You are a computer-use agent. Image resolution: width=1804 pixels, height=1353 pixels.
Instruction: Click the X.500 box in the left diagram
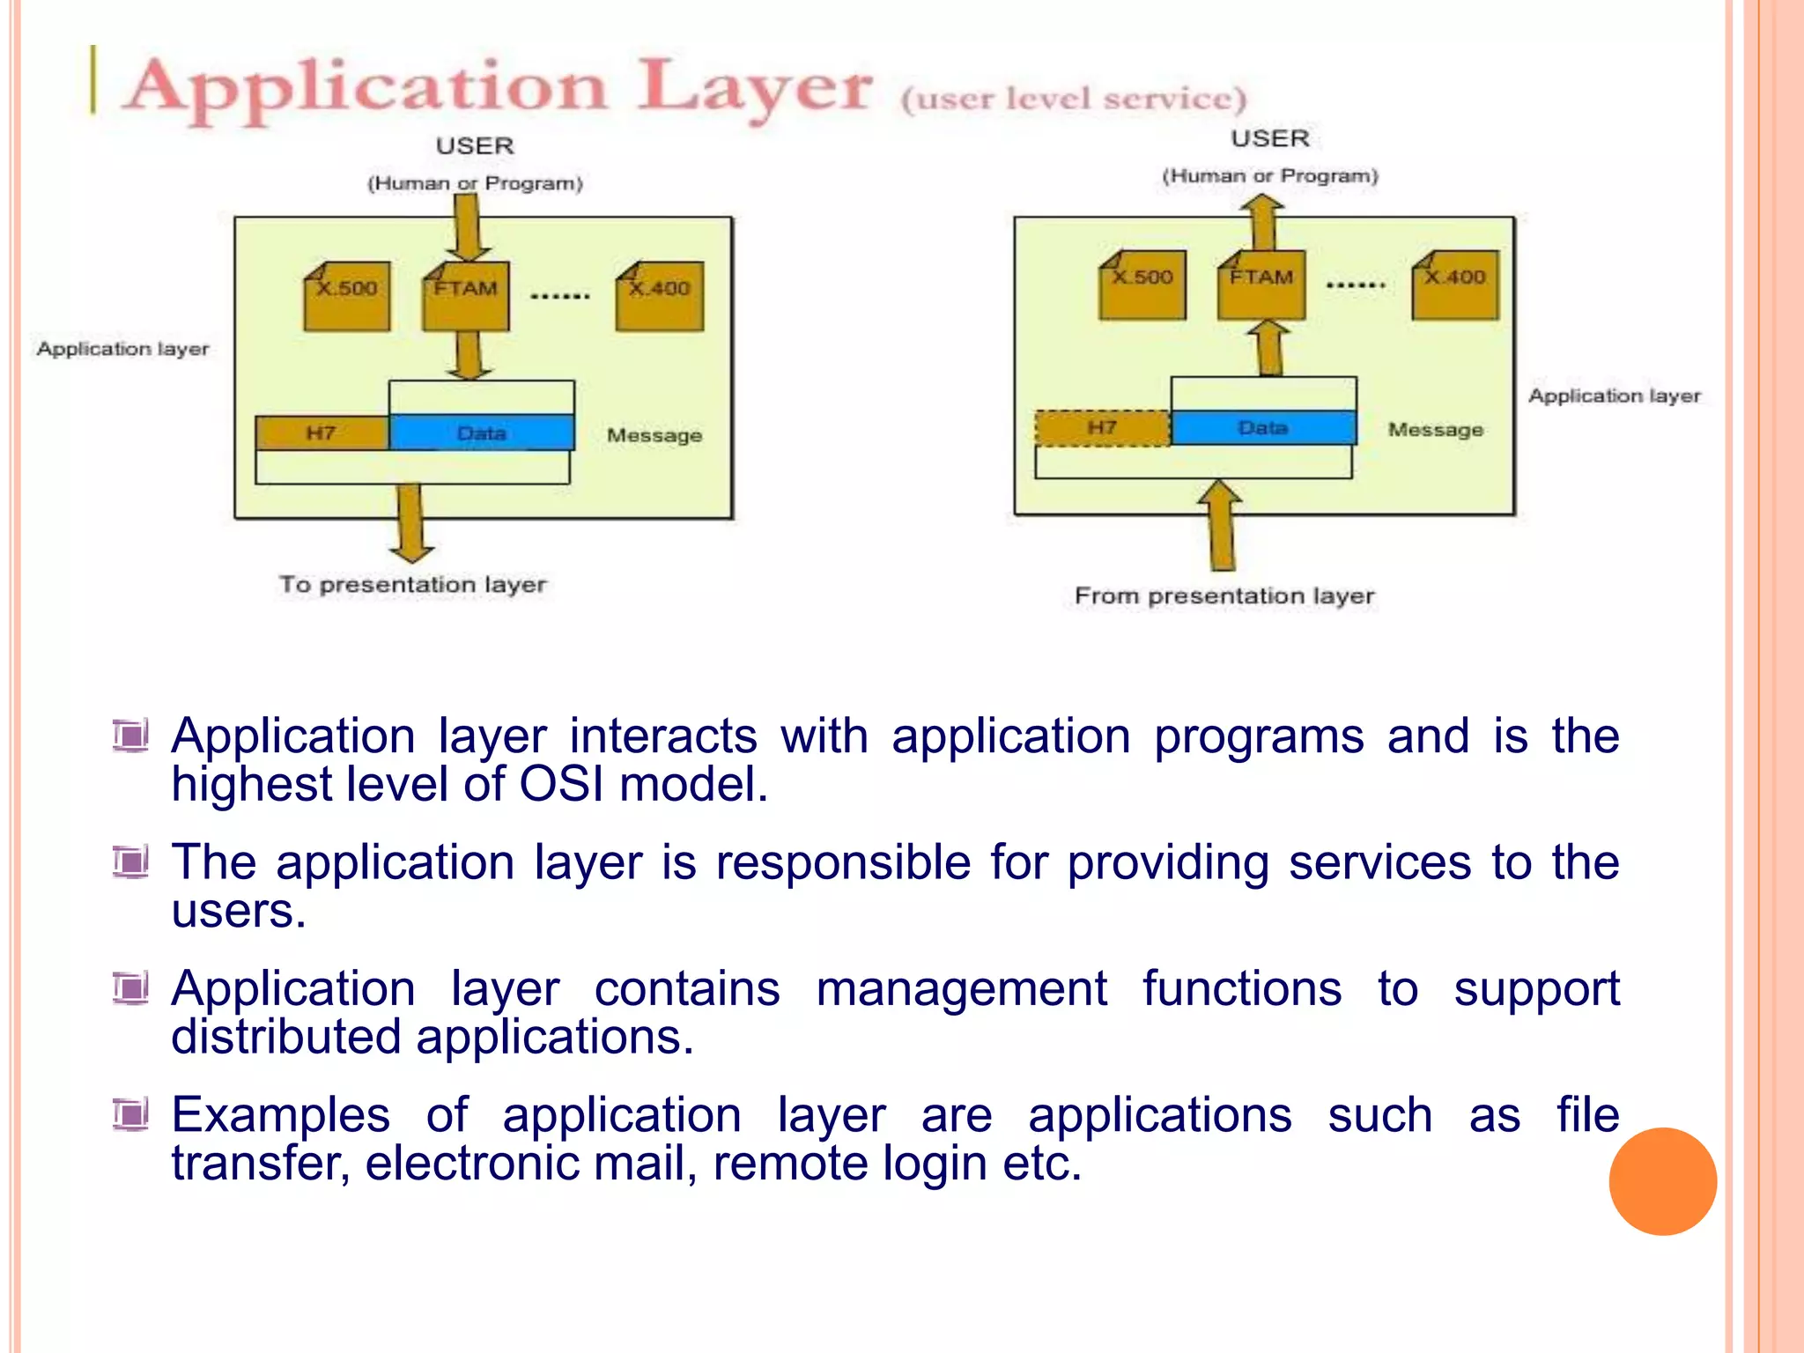click(347, 298)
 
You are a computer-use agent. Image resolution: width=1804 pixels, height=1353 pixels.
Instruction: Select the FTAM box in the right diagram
click(1261, 286)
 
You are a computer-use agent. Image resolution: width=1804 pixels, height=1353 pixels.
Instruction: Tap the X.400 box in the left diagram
click(660, 298)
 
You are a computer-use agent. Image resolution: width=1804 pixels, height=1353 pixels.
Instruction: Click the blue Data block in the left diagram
click(482, 433)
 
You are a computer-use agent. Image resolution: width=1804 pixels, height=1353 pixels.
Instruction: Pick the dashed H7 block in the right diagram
click(1102, 428)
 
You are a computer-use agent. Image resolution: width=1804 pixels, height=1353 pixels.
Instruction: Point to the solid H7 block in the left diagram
click(322, 433)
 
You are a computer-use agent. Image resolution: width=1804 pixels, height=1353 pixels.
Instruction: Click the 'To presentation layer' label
click(413, 584)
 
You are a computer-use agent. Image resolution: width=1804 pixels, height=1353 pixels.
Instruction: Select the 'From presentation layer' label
click(1224, 596)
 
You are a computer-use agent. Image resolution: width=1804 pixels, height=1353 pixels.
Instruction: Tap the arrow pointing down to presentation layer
click(410, 524)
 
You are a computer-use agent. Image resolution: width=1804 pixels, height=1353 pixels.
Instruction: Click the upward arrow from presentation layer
click(1221, 527)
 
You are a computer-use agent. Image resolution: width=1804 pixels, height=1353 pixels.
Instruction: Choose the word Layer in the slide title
click(754, 88)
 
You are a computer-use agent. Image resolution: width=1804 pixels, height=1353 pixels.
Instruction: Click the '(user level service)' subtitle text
click(1074, 98)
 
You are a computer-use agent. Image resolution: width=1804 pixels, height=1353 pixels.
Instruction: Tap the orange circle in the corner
click(1662, 1181)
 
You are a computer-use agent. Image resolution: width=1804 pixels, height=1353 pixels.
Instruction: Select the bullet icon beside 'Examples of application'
click(131, 1115)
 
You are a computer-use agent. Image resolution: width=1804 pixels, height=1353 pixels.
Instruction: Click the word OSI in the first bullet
click(561, 784)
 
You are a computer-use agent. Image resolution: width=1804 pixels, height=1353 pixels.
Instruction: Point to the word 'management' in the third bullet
click(961, 988)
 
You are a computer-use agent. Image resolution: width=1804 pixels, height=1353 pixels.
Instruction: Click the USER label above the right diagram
click(1269, 138)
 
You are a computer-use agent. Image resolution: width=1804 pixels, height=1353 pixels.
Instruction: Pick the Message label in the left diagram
click(654, 435)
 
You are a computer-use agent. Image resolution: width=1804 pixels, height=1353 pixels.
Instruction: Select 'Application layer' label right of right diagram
click(1614, 396)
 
